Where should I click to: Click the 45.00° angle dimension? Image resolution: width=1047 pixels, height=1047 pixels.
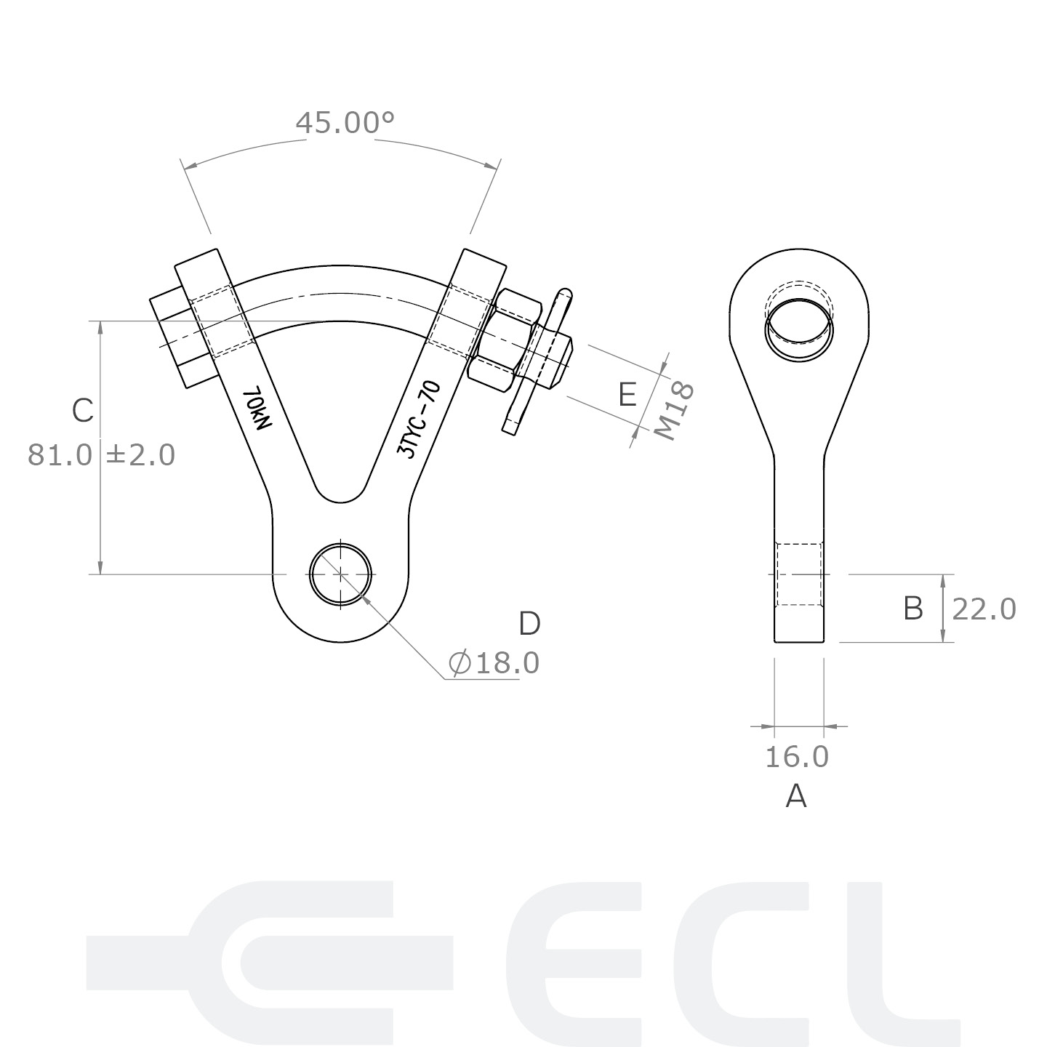[x=345, y=123]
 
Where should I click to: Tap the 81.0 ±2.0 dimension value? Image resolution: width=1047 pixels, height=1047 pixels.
[x=102, y=454]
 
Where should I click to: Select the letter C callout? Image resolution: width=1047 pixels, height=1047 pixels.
[x=83, y=411]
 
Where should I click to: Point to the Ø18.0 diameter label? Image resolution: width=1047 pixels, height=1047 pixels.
[x=494, y=663]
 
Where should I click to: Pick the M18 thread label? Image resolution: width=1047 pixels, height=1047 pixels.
[x=674, y=411]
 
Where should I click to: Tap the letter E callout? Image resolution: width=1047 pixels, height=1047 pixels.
[x=627, y=395]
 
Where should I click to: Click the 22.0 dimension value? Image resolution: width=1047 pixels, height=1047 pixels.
[x=984, y=609]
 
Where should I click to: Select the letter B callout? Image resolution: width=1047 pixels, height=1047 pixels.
[x=912, y=609]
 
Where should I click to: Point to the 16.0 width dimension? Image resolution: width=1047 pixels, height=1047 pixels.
[x=797, y=757]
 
